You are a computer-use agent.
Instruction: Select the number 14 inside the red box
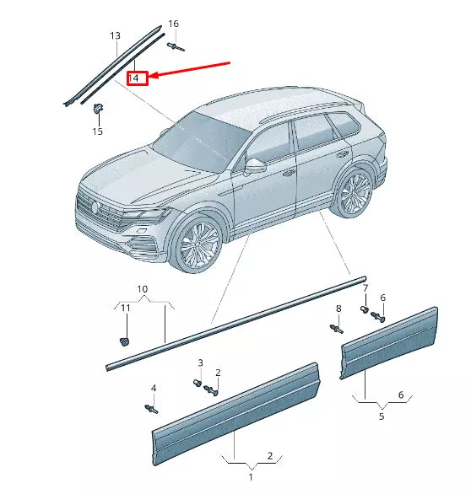[x=137, y=78]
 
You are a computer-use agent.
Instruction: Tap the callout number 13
[x=115, y=35]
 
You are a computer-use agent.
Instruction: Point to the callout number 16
[x=173, y=24]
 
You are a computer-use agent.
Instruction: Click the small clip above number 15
[x=99, y=108]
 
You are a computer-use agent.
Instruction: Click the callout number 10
[x=142, y=289]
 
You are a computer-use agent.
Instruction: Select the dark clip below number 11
[x=123, y=341]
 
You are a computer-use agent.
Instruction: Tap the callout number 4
[x=154, y=388]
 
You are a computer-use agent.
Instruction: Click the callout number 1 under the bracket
[x=250, y=476]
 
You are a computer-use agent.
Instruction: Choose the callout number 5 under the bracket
[x=381, y=416]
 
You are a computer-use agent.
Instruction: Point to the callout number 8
[x=338, y=309]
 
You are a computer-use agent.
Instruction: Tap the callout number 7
[x=365, y=289]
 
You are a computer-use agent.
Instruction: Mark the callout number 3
[x=200, y=362]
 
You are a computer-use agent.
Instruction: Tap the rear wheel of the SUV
[x=354, y=193]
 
